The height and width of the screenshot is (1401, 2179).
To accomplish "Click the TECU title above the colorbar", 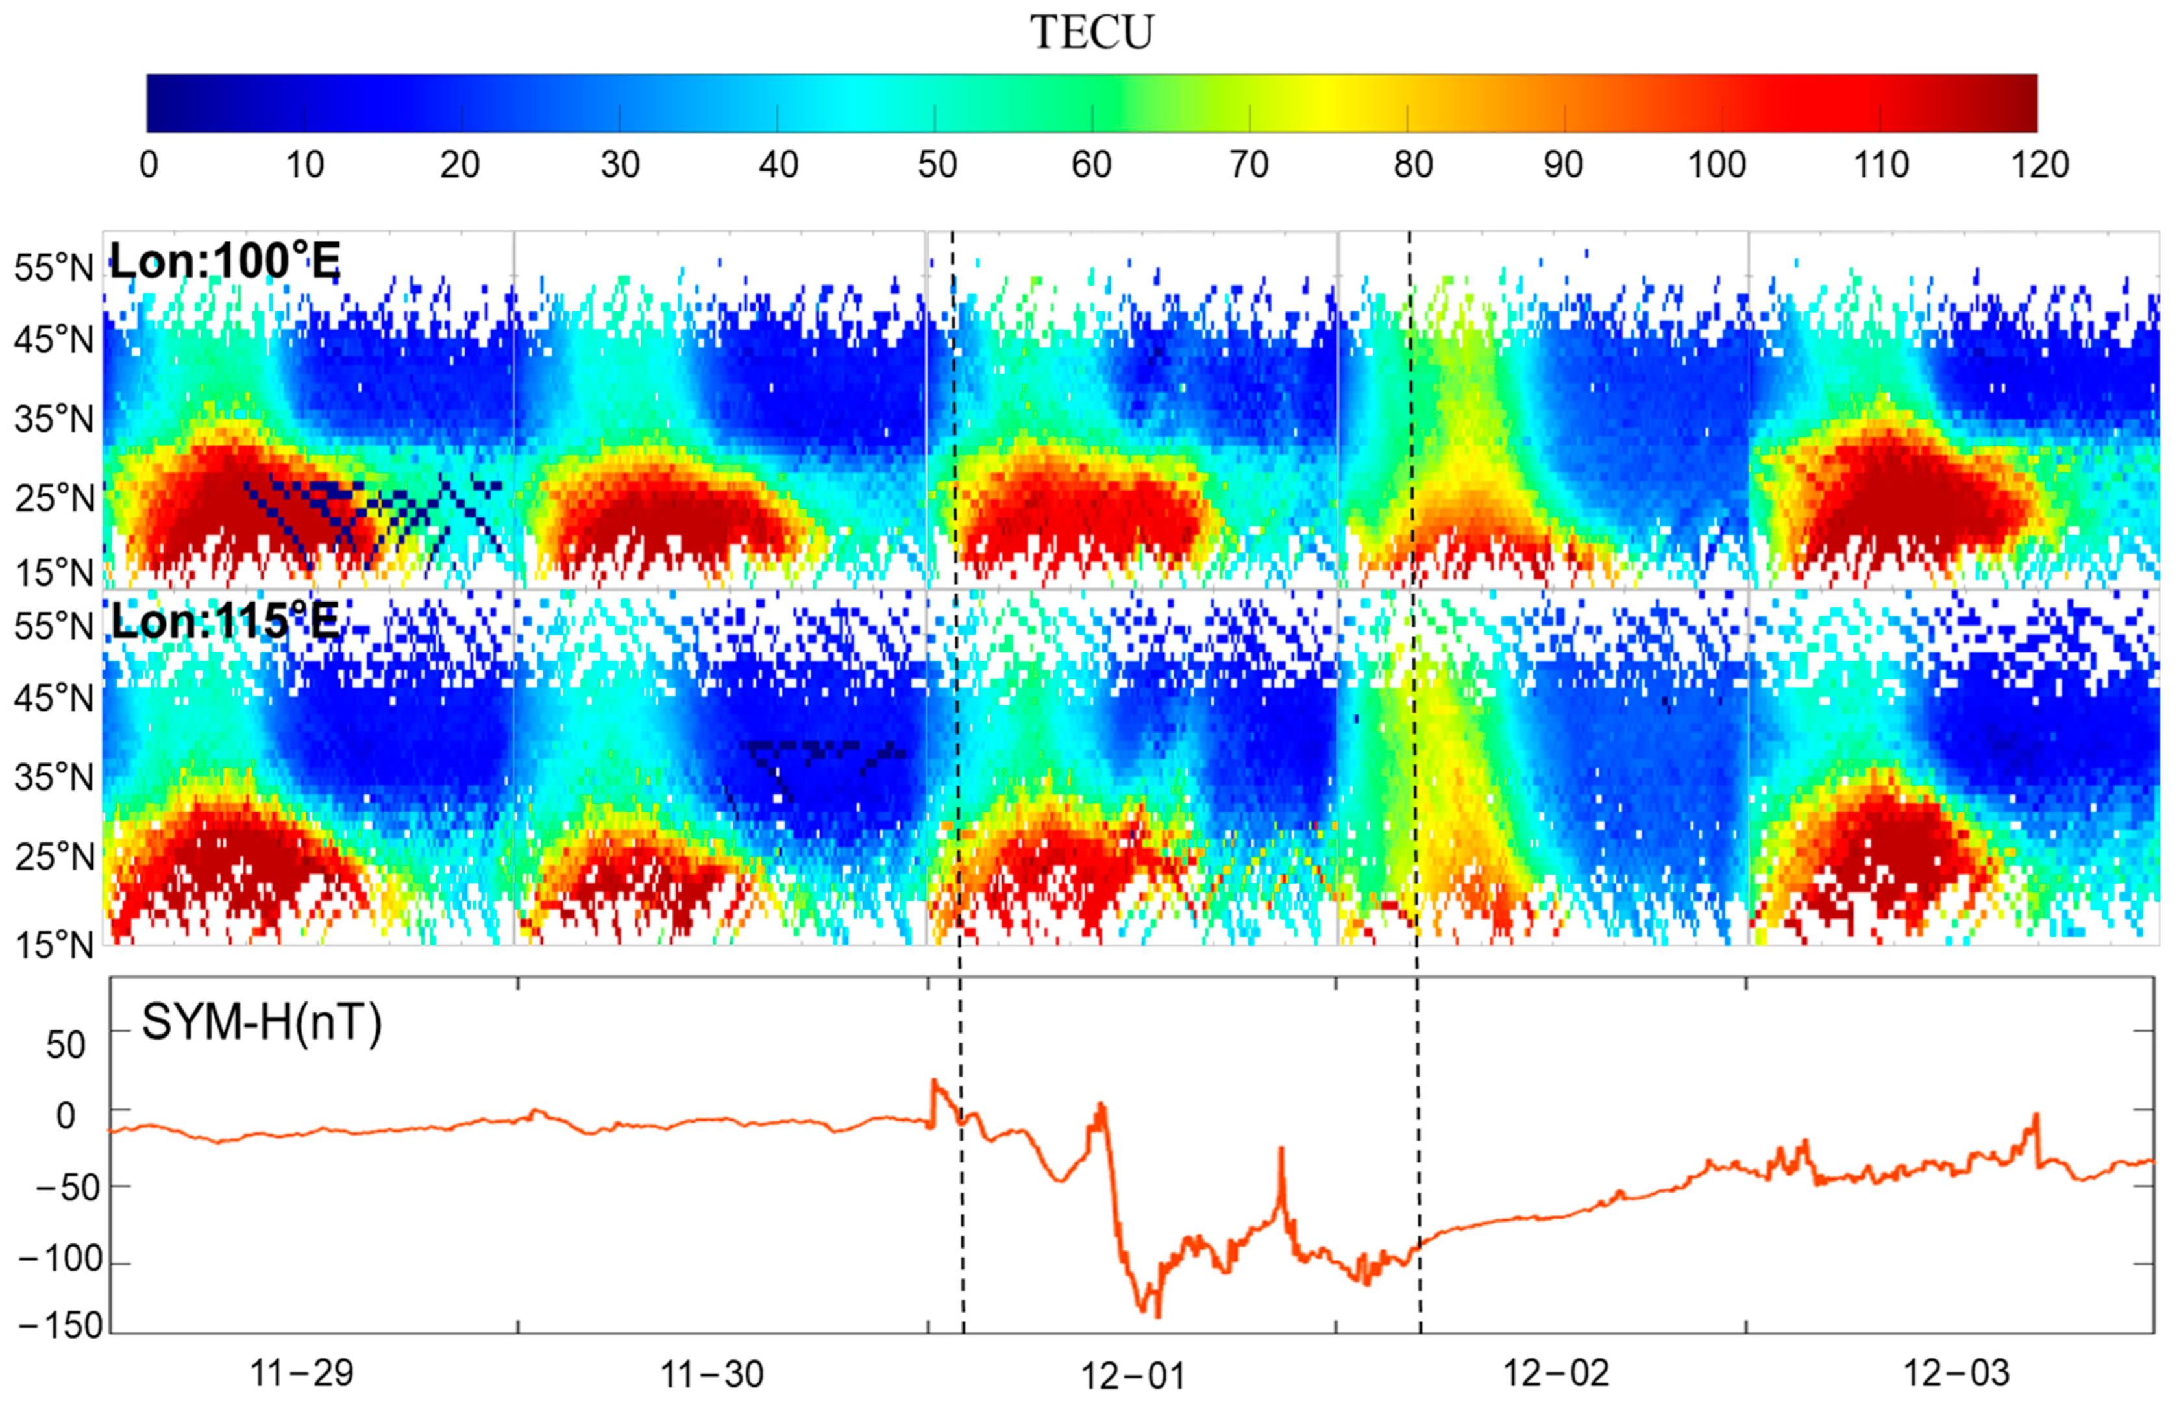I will [1091, 32].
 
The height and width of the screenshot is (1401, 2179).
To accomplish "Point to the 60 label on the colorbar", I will [1091, 165].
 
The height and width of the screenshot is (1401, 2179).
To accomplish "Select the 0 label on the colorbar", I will [148, 165].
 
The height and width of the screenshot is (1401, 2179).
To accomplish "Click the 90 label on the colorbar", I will [1562, 165].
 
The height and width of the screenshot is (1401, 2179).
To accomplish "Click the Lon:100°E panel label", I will [225, 262].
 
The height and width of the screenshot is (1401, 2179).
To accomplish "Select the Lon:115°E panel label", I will [225, 622].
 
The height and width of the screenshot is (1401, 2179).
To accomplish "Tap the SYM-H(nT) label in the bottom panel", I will [261, 1023].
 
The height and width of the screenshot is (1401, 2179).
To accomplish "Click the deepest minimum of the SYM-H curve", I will [1157, 1315].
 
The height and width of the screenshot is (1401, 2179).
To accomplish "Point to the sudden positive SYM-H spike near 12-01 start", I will [933, 1082].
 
